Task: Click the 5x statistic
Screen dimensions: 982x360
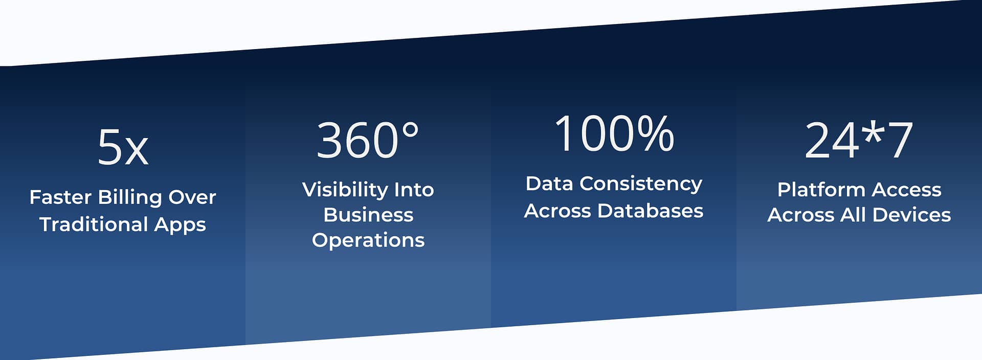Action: click(x=123, y=147)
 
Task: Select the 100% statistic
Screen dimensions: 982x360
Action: click(x=614, y=133)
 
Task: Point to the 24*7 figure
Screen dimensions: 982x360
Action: click(x=859, y=139)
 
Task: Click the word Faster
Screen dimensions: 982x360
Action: click(x=60, y=197)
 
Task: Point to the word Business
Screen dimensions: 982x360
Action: click(x=368, y=215)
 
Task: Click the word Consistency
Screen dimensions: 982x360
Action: click(x=641, y=184)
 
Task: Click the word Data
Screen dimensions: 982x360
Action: click(x=549, y=184)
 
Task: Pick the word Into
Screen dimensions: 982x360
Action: click(x=414, y=190)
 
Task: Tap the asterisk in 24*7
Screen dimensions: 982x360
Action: click(x=874, y=131)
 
